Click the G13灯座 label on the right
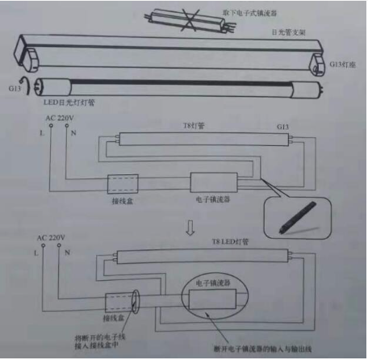342,63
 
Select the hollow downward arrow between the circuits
190,228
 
